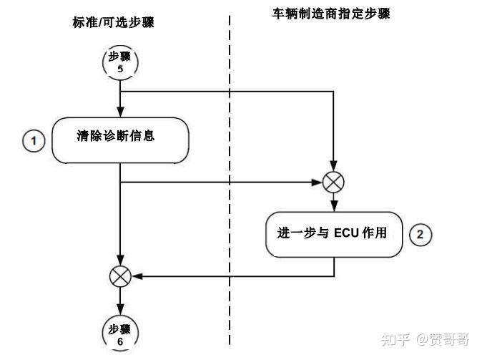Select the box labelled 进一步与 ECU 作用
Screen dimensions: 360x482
(x=334, y=233)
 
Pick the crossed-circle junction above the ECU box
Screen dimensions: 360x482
(x=334, y=183)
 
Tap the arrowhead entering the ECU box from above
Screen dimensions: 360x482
(x=334, y=206)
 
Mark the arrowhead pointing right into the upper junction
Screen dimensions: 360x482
(x=319, y=183)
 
